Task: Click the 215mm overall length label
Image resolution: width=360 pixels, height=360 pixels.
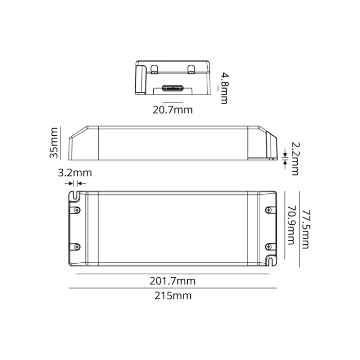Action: tap(172, 296)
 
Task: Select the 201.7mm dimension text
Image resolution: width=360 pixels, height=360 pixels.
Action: tap(172, 281)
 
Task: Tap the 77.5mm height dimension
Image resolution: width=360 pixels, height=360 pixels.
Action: tap(306, 228)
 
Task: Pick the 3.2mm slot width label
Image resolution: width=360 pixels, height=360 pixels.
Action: tap(75, 172)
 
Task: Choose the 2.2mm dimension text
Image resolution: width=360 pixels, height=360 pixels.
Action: tap(294, 158)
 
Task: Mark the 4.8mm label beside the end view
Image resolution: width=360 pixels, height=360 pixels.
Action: tap(224, 88)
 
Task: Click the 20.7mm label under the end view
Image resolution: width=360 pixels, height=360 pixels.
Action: tap(172, 110)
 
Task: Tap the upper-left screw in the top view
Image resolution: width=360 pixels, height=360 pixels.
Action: tap(77, 209)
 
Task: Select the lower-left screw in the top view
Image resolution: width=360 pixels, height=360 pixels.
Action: tap(77, 247)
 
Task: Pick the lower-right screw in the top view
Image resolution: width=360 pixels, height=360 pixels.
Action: tap(269, 247)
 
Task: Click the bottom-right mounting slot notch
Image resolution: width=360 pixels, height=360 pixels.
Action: tap(271, 261)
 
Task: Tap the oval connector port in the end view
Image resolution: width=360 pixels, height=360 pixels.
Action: tap(173, 88)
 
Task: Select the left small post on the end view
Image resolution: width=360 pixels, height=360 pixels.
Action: tap(155, 69)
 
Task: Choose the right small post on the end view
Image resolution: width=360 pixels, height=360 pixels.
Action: tap(191, 69)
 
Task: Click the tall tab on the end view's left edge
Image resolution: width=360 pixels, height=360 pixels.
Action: tap(140, 78)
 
